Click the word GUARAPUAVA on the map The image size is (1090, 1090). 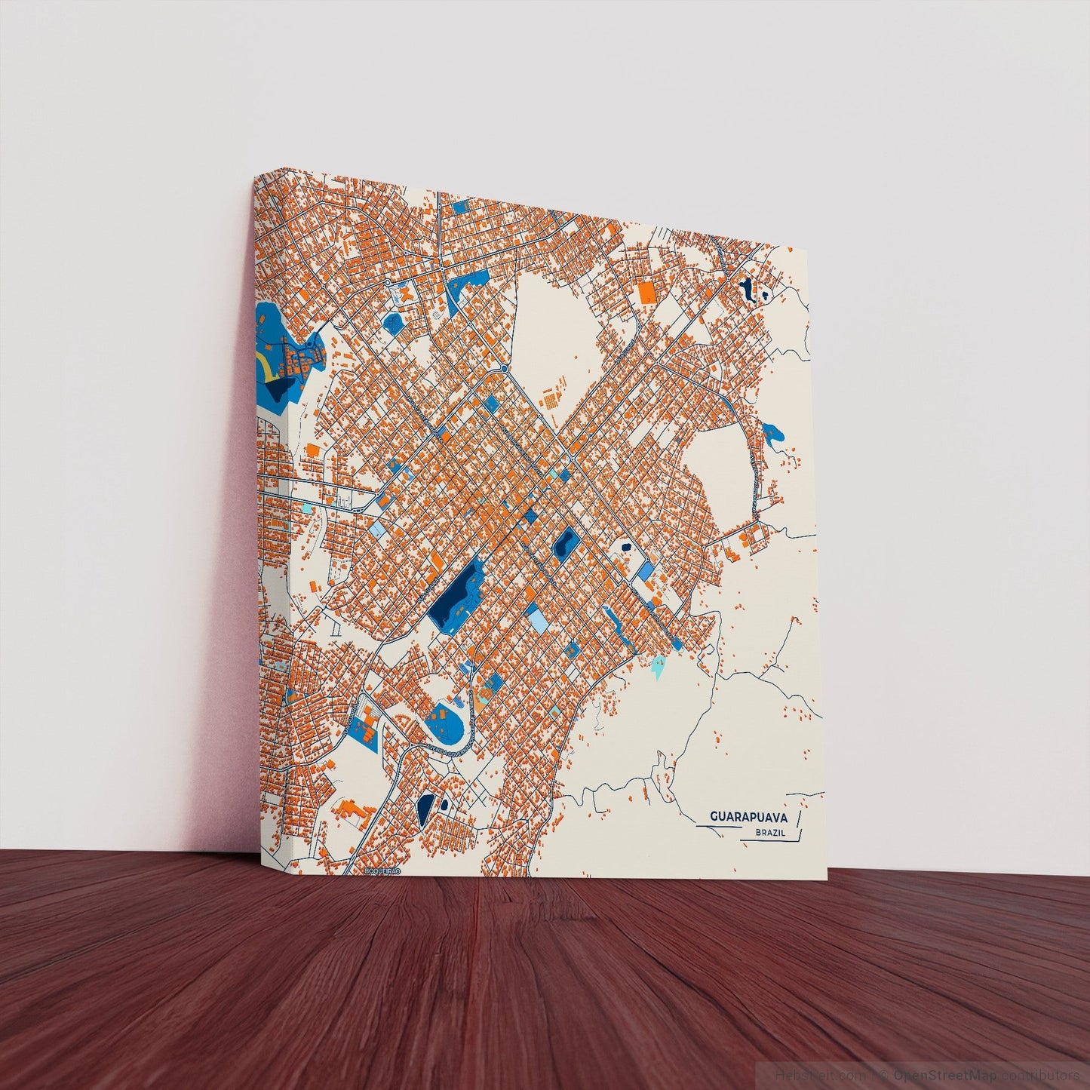748,818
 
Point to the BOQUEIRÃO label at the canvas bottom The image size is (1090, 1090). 382,871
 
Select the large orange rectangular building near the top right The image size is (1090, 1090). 646,293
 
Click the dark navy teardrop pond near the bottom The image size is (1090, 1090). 425,808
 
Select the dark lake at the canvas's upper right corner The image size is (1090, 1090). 747,290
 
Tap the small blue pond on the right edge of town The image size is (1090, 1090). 772,433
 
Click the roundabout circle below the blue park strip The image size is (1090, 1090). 503,369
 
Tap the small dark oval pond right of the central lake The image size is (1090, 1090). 563,542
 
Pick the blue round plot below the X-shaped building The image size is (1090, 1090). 393,323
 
